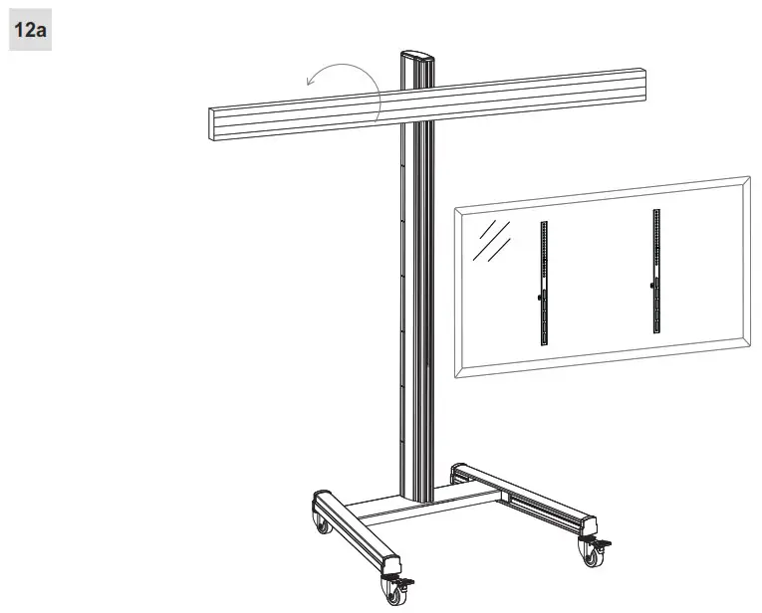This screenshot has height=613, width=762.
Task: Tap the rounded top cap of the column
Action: click(x=417, y=57)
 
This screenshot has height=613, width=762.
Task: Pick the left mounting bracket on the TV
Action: click(x=543, y=283)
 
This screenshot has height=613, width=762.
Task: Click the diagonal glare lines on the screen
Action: click(x=491, y=241)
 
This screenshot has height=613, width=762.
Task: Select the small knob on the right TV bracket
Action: click(x=651, y=288)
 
